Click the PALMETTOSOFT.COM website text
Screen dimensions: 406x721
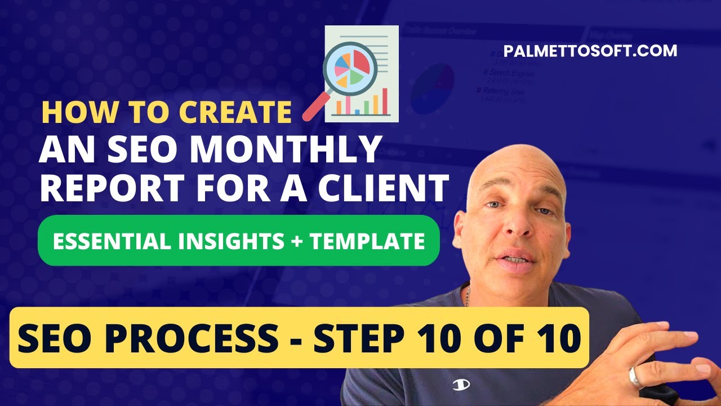pyautogui.click(x=590, y=51)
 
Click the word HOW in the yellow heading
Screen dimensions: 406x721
pyautogui.click(x=71, y=112)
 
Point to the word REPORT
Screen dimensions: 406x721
pyautogui.click(x=113, y=188)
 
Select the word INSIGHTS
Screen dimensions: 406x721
pyautogui.click(x=225, y=241)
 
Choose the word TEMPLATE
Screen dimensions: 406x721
pyautogui.click(x=367, y=241)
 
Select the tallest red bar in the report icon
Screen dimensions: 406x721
pyautogui.click(x=385, y=101)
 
